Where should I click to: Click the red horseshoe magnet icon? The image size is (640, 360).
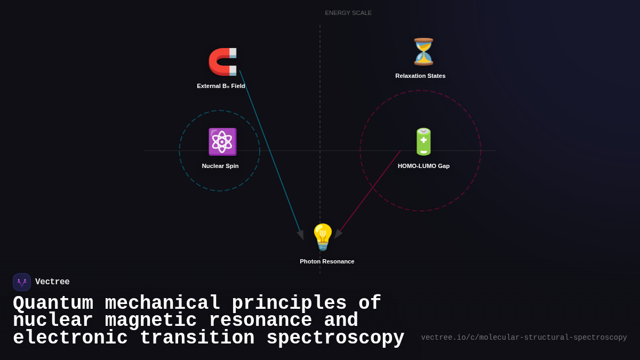click(x=222, y=62)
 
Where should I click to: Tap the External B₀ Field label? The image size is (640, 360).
click(x=221, y=86)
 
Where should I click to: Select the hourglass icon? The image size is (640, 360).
click(x=423, y=52)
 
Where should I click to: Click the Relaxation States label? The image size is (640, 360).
click(x=420, y=76)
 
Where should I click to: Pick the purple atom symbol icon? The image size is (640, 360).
click(x=222, y=142)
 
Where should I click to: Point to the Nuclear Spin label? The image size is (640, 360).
click(x=220, y=166)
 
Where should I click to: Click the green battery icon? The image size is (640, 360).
click(x=423, y=142)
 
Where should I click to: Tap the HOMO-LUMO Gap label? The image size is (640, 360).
click(x=423, y=166)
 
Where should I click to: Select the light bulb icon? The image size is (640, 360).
click(x=323, y=237)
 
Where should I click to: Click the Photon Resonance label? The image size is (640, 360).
click(x=327, y=261)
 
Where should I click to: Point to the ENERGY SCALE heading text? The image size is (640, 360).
click(x=348, y=13)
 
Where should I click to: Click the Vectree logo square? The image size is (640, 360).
click(x=22, y=282)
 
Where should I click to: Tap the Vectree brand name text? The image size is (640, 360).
click(x=52, y=282)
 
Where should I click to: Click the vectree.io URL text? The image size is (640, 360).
click(x=524, y=338)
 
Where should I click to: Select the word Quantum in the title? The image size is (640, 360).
click(x=53, y=303)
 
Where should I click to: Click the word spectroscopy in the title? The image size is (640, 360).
click(x=335, y=338)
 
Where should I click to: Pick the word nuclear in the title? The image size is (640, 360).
click(x=53, y=321)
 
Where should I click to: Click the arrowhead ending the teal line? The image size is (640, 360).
click(x=301, y=234)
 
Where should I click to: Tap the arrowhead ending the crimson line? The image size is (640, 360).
click(x=338, y=233)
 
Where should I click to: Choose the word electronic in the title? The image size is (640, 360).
click(x=70, y=338)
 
